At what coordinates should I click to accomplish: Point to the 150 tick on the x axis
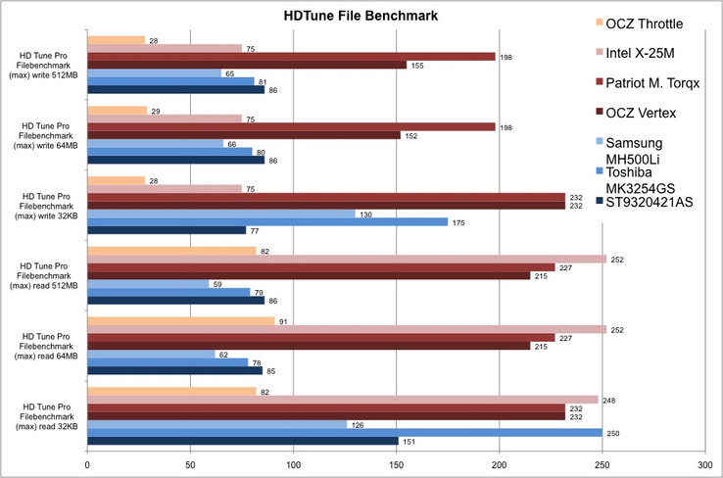click(x=397, y=463)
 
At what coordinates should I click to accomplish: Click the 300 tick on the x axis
click(x=705, y=463)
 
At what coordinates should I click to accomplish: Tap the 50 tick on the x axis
click(x=191, y=463)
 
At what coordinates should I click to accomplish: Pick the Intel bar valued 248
click(x=343, y=400)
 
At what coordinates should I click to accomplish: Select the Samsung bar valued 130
click(x=221, y=213)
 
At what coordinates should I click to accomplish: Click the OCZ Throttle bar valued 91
click(x=181, y=320)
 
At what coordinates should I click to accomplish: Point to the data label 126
click(x=357, y=424)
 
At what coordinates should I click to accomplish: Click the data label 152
click(x=410, y=135)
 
